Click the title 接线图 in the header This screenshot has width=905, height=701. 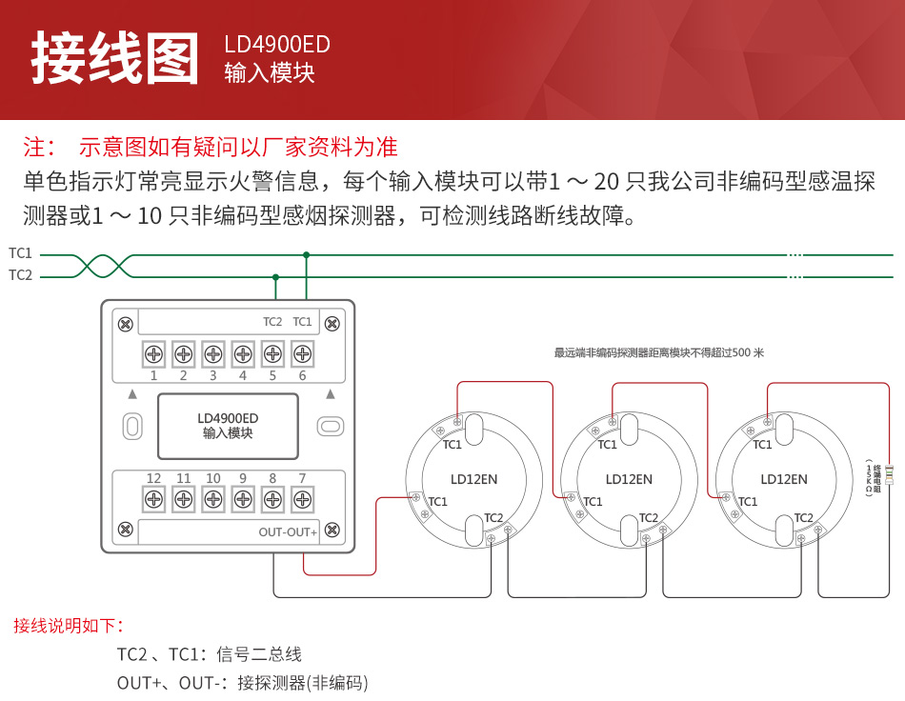tap(115, 59)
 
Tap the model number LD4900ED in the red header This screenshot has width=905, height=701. tap(277, 45)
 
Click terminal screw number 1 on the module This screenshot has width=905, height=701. tap(153, 354)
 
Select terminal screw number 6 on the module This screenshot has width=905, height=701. tap(302, 354)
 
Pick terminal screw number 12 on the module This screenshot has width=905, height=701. tap(153, 498)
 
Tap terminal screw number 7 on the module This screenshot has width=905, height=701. tap(302, 498)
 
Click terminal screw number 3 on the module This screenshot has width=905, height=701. tap(212, 354)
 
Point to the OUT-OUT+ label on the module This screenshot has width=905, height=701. tap(288, 531)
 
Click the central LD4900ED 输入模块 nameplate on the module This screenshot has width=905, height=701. tap(228, 426)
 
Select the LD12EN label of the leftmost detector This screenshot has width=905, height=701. tap(474, 479)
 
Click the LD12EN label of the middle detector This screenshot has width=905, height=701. tap(629, 479)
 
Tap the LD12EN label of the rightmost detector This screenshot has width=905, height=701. tap(784, 479)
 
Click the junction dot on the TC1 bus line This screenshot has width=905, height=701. tap(306, 255)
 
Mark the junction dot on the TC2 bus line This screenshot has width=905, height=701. tap(275, 277)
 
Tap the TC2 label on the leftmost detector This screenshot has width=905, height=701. tap(493, 518)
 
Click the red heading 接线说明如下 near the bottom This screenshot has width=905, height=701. tap(69, 626)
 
